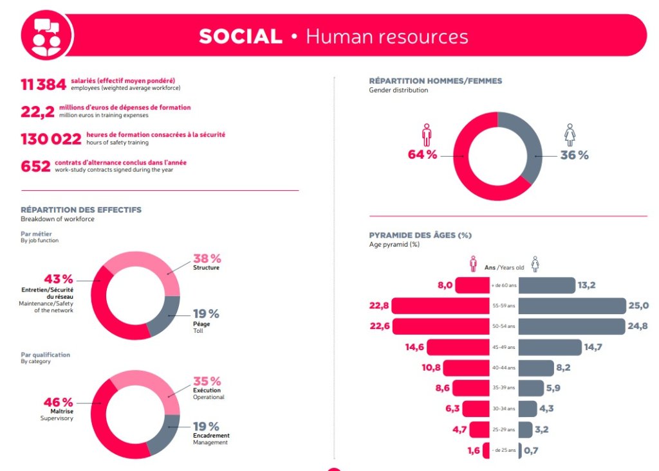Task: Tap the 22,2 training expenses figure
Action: pyautogui.click(x=35, y=111)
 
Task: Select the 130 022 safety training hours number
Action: pyautogui.click(x=51, y=139)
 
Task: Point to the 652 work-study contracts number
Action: pyautogui.click(x=35, y=166)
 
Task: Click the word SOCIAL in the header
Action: pyautogui.click(x=241, y=37)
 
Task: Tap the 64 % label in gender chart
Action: pyautogui.click(x=422, y=155)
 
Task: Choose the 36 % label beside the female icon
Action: pyautogui.click(x=574, y=155)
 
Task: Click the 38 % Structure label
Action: pyautogui.click(x=206, y=258)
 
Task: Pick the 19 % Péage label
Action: pyautogui.click(x=206, y=314)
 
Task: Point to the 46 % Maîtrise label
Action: pyautogui.click(x=58, y=402)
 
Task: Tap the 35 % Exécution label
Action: pyautogui.click(x=207, y=381)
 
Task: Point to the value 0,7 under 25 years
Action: pyautogui.click(x=531, y=450)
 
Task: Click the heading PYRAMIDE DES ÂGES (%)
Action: pyautogui.click(x=420, y=235)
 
